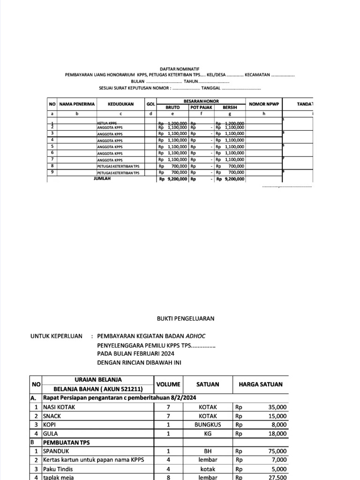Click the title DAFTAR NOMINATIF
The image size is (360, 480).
pos(180,69)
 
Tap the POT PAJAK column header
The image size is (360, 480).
pos(201,107)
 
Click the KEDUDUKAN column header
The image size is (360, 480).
pos(120,104)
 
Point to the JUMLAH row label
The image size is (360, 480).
pos(102,179)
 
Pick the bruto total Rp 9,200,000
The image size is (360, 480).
pos(173,179)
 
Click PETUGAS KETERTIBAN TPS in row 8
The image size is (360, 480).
pos(118,166)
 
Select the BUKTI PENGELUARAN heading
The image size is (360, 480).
pos(185,318)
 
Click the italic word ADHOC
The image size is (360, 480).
pos(195,336)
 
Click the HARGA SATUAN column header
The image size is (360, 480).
pos(261,384)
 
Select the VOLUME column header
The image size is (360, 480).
pos(168,384)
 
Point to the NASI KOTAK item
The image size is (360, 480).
pos(59,407)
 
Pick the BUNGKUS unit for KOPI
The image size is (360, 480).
pos(208,425)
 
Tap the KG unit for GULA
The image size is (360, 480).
pos(208,434)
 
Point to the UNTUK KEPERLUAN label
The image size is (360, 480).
pos(56,336)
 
